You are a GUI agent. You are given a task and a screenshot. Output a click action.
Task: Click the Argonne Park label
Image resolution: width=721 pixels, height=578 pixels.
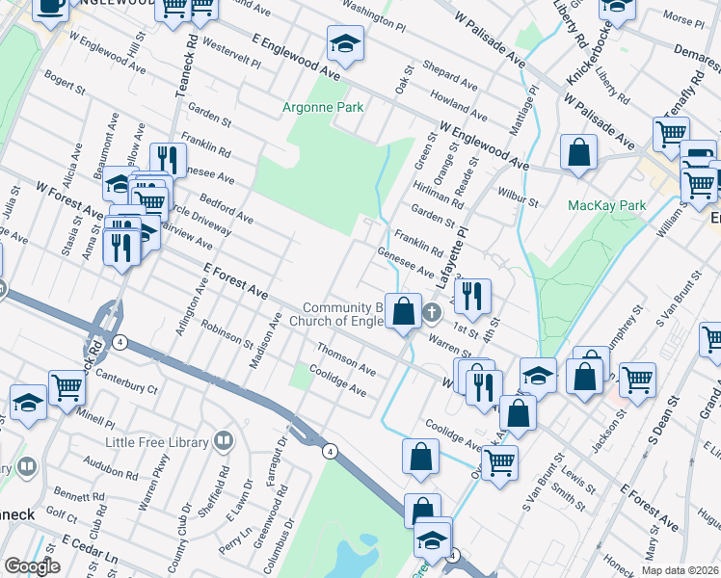point(323,107)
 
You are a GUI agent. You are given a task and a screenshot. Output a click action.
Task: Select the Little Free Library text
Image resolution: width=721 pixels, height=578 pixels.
point(158,442)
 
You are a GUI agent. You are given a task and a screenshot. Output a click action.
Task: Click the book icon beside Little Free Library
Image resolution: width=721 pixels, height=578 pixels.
point(224,442)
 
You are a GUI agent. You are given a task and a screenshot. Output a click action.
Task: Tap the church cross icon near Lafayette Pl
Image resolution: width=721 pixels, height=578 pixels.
point(432,310)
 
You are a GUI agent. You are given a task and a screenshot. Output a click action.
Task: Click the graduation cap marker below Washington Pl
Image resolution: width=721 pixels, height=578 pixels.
point(343,44)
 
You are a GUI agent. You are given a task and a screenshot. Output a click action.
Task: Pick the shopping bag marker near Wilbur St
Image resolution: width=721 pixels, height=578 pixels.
point(579,152)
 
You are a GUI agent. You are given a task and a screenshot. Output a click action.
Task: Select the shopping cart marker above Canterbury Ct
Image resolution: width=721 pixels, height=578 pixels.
point(67,387)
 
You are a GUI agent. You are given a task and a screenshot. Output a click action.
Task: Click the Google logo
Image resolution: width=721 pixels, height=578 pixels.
point(32,566)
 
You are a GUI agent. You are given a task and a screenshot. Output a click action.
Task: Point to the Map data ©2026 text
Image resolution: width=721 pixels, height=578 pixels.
point(680,570)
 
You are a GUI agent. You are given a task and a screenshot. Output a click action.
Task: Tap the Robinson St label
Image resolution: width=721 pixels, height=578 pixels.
point(227,333)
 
